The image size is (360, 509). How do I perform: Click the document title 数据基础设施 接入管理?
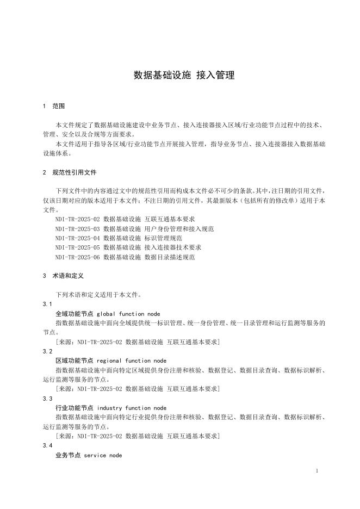(184, 76)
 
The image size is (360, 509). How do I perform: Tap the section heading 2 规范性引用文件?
(69, 172)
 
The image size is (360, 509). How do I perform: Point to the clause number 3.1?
(47, 305)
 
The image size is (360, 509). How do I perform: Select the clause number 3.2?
(47, 352)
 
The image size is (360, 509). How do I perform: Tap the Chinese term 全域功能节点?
(74, 314)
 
